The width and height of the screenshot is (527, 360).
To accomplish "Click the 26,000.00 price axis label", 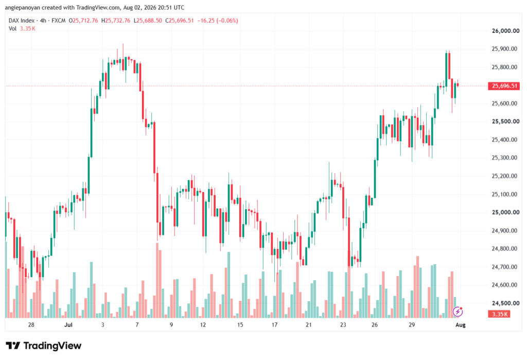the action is coord(505,31).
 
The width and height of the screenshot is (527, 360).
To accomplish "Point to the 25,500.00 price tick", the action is coord(505,122).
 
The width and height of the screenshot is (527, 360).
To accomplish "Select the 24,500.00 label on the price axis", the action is coord(505,303).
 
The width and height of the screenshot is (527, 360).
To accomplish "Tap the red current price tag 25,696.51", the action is coord(504,86).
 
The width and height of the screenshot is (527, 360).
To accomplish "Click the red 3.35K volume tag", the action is coord(499,314).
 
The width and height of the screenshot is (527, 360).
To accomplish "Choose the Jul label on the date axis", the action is coord(68,325).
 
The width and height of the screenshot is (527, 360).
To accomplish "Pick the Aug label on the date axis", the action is coord(460,325).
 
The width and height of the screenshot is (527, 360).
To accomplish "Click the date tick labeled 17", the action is coord(275,325).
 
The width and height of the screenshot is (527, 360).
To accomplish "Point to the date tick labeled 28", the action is coord(31,325).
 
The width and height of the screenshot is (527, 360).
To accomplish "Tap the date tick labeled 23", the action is coord(343,325).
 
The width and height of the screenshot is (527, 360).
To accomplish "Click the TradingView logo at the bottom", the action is coord(44,346).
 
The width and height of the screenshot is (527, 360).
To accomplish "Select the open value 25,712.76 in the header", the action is coord(85,21).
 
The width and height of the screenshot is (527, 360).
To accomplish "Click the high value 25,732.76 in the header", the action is coord(118,21).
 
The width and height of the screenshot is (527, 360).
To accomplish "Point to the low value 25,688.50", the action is coord(150,21).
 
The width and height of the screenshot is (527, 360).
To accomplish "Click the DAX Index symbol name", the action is coord(22,21).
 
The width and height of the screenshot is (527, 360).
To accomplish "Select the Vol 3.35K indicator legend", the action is coord(22,29).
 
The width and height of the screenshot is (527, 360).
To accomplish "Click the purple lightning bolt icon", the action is coord(458,312).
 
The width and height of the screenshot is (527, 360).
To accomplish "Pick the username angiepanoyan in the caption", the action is coord(23,7).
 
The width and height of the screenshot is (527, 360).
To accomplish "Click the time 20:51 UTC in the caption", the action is coord(167,7).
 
